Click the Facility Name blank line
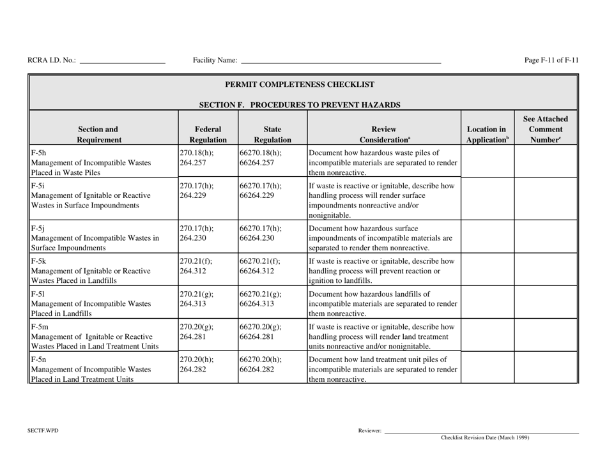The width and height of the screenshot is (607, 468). (x=340, y=61)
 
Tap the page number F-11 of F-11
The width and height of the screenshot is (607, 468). (x=551, y=60)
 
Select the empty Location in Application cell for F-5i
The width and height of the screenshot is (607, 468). (x=487, y=199)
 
